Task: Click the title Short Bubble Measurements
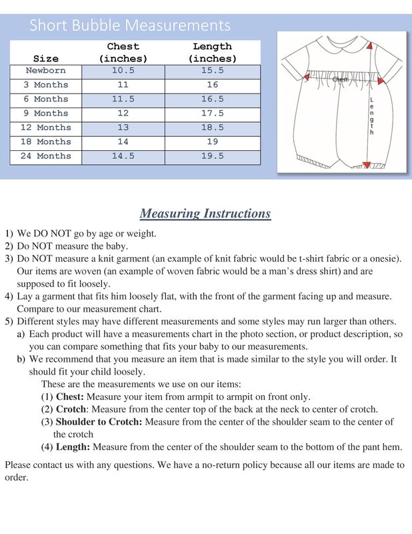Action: [x=130, y=26]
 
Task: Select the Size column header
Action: [x=45, y=59]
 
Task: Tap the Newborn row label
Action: [x=45, y=71]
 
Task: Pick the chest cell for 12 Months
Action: [x=123, y=127]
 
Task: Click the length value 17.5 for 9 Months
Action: [x=212, y=113]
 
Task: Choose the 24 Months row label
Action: [x=45, y=156]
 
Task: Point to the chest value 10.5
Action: [x=123, y=71]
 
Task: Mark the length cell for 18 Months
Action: [x=212, y=142]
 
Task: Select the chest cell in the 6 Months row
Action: [x=123, y=99]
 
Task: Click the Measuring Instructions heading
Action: [x=205, y=214]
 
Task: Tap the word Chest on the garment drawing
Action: [x=340, y=79]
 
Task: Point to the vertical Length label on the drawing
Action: [x=371, y=115]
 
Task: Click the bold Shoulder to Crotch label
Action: [x=99, y=422]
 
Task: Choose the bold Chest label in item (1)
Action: [x=71, y=396]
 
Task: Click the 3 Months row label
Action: [x=45, y=85]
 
